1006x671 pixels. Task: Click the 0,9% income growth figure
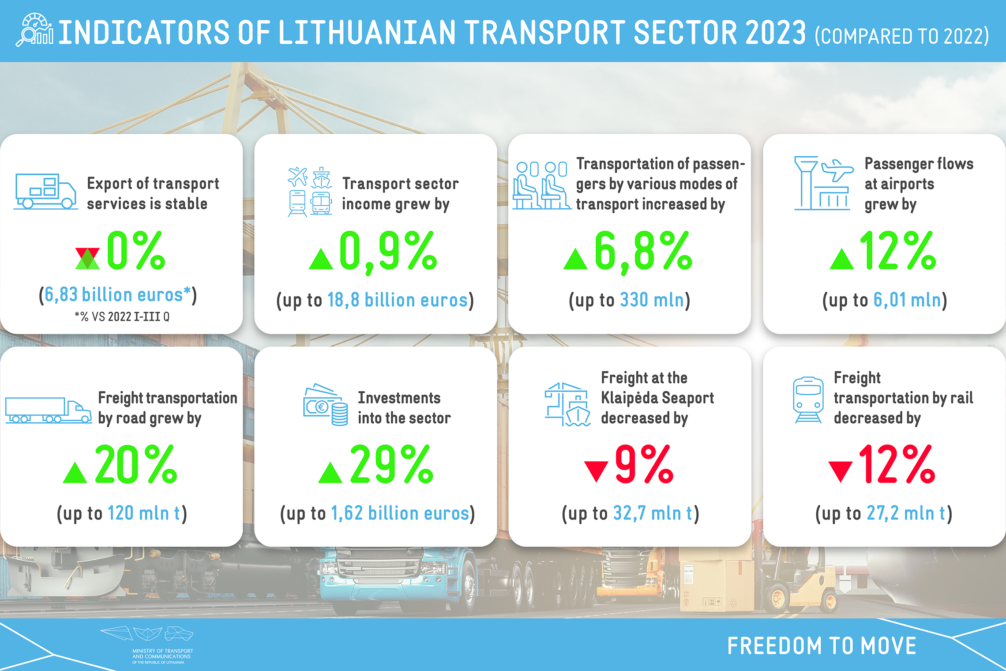[x=388, y=252]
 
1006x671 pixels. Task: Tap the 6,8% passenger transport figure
[x=643, y=252]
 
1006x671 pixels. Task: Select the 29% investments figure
[x=391, y=464]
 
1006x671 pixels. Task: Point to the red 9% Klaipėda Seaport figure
[x=644, y=464]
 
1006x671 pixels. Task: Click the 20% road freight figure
[x=136, y=464]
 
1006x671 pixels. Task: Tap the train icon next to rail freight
[x=808, y=400]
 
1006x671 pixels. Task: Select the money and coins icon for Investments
[x=326, y=404]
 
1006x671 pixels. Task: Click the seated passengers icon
[x=541, y=185]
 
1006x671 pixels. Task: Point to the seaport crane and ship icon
[x=567, y=404]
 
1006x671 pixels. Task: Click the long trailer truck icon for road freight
[x=49, y=410]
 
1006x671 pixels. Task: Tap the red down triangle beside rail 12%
[x=841, y=471]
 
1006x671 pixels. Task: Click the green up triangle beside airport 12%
[x=842, y=259]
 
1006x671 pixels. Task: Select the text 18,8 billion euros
[x=398, y=300]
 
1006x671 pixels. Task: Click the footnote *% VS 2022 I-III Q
[x=122, y=317]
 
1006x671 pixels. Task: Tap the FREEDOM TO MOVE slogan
[x=822, y=646]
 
